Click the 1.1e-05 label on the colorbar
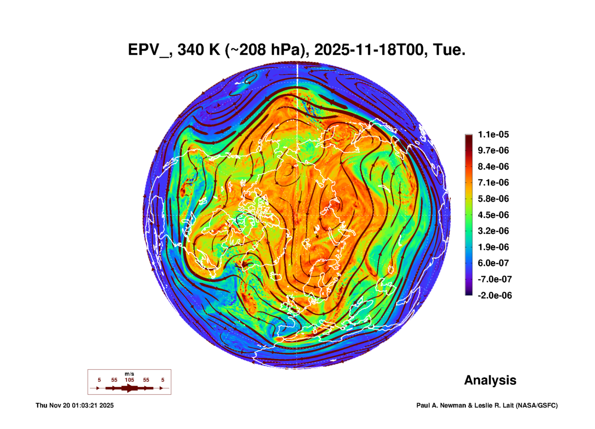(493, 134)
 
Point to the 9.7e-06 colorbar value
(493, 150)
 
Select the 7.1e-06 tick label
(493, 182)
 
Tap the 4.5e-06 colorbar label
(493, 215)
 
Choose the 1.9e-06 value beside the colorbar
(493, 247)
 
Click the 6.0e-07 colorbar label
(493, 263)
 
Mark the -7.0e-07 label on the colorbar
(494, 279)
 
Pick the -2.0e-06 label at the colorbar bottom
(494, 295)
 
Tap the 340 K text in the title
(199, 50)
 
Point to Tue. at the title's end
(449, 50)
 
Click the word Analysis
(490, 380)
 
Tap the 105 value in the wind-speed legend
(129, 380)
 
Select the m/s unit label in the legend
(129, 374)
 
